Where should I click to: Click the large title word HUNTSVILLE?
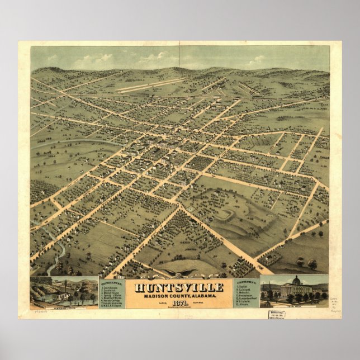click(x=179, y=287)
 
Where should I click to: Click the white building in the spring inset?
click(x=63, y=295)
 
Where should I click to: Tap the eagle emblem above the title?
click(x=179, y=275)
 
